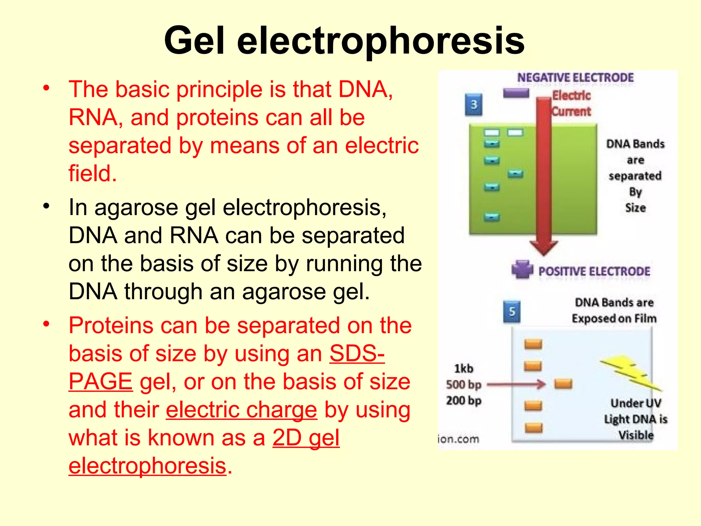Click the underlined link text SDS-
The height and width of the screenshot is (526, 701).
click(357, 353)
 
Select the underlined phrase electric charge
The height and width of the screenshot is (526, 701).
click(241, 410)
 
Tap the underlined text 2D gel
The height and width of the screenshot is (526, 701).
click(306, 438)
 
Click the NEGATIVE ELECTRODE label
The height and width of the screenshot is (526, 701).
click(575, 78)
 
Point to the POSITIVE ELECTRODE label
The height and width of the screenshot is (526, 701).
click(594, 272)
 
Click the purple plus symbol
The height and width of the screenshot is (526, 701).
click(522, 270)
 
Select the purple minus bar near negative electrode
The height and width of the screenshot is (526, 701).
click(516, 93)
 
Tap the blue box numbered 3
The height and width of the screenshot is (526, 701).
click(474, 104)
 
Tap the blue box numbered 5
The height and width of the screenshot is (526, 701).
click(512, 312)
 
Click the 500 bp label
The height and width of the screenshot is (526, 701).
click(463, 385)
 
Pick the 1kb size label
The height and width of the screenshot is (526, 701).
click(463, 368)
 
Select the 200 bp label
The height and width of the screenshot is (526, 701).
click(463, 400)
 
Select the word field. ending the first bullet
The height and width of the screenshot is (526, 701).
click(92, 173)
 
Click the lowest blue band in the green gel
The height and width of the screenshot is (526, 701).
click(492, 217)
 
